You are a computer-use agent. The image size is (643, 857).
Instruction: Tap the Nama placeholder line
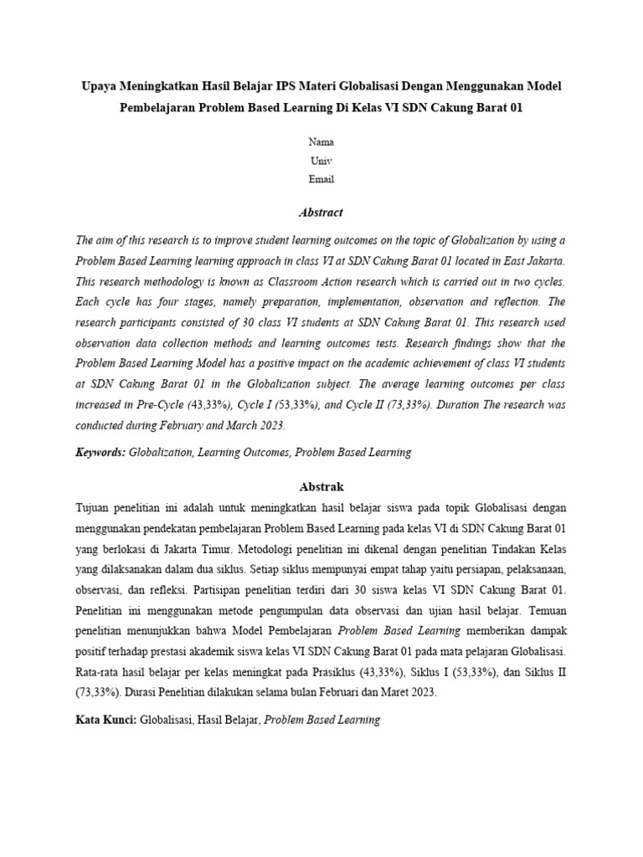(321, 142)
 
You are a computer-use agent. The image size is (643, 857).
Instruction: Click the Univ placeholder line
(321, 161)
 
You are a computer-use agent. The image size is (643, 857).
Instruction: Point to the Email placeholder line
(321, 179)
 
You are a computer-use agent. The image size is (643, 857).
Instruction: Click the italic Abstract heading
(321, 213)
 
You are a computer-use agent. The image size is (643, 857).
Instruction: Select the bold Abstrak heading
(321, 486)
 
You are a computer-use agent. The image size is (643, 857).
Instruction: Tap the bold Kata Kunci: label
(105, 719)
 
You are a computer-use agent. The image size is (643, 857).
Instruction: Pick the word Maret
(398, 693)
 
